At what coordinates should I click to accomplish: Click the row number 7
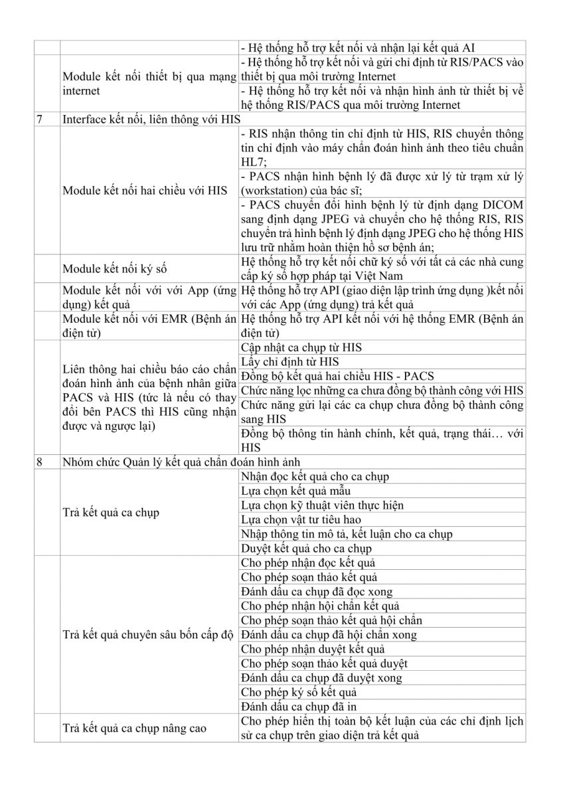[40, 120]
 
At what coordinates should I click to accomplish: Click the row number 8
[40, 462]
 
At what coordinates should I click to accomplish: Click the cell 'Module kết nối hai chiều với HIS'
[145, 190]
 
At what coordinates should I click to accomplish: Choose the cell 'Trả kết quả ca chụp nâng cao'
[134, 728]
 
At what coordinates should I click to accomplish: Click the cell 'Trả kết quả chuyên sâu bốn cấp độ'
[147, 635]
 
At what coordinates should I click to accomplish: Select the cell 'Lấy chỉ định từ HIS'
[289, 362]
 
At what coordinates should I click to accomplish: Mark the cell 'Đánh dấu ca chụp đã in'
[299, 707]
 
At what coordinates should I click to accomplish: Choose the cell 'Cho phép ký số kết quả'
[299, 692]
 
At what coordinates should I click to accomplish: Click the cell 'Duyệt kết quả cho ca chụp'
[306, 549]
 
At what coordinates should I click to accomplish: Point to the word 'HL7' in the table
[252, 161]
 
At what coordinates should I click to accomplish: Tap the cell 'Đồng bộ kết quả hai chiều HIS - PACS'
[337, 376]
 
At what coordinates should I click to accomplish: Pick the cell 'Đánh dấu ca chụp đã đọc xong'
[317, 591]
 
